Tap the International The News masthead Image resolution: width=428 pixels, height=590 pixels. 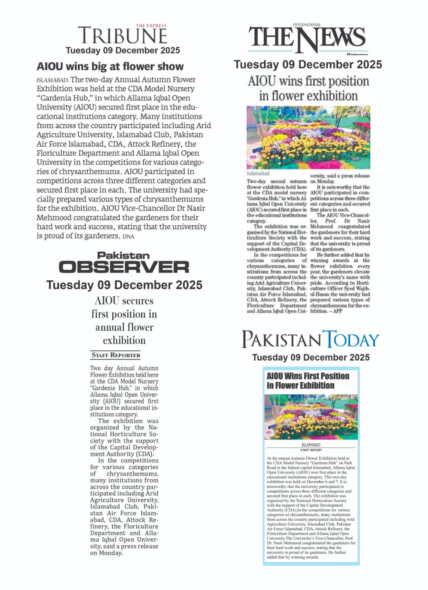(308, 38)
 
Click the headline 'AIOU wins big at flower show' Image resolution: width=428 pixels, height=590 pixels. (110, 67)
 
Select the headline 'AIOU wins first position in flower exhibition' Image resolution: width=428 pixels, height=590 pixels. (308, 88)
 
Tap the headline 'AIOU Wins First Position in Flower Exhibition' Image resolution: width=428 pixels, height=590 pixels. (308, 381)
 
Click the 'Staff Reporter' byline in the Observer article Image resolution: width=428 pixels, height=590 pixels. (116, 355)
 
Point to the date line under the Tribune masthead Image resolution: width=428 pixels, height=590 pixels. (123, 51)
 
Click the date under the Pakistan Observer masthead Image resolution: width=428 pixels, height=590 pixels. (124, 285)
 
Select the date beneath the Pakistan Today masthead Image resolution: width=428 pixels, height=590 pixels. (311, 357)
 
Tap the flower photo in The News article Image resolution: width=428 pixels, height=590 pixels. (308, 138)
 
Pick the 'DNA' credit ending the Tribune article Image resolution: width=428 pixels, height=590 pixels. (129, 237)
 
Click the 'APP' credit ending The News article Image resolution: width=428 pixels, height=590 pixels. (338, 311)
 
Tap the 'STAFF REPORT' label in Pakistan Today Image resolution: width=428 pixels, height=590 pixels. (311, 450)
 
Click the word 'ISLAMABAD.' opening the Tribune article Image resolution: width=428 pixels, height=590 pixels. (52, 80)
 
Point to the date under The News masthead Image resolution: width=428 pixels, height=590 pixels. (308, 65)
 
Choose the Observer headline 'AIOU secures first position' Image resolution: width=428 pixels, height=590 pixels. (124, 320)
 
